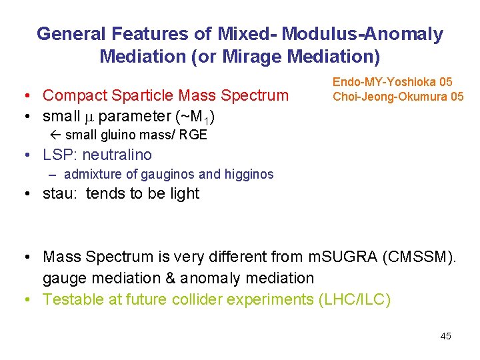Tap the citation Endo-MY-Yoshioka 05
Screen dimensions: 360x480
point(393,82)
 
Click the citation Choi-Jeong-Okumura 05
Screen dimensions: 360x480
point(398,97)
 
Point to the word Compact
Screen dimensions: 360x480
point(75,95)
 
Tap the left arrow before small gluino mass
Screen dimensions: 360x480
point(57,135)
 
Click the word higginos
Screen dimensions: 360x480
point(248,175)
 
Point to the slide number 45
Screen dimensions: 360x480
point(445,336)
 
